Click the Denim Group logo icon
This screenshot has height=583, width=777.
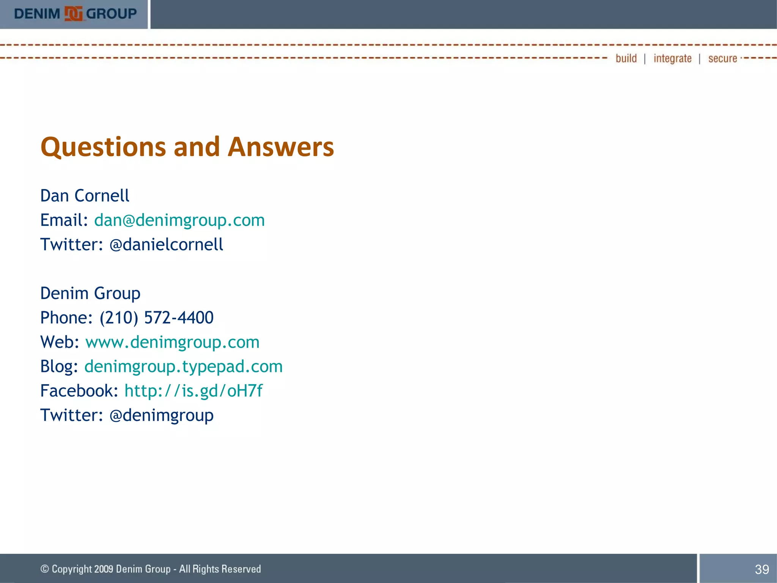[x=73, y=14]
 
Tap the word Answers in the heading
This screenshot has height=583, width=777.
[x=281, y=147]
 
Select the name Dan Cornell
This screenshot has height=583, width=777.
[x=85, y=196]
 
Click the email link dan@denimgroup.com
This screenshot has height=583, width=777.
[x=179, y=220]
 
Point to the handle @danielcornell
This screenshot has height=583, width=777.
[x=166, y=244]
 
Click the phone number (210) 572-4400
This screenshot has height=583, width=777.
[x=156, y=318]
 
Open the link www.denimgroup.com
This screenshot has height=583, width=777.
[x=172, y=342]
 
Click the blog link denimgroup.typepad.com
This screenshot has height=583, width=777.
[x=183, y=367]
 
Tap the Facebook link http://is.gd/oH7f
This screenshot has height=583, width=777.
[x=193, y=391]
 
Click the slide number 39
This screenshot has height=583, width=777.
[x=762, y=569]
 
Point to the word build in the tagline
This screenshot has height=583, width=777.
[x=626, y=58]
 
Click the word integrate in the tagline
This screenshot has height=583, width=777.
[x=672, y=58]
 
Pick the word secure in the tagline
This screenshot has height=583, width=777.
[x=722, y=58]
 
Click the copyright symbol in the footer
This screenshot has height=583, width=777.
[x=45, y=569]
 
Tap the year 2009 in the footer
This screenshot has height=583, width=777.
[x=104, y=569]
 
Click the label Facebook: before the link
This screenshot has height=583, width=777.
[x=79, y=391]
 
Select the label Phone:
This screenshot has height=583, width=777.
[x=66, y=318]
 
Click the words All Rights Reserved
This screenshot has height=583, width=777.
[x=220, y=569]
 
